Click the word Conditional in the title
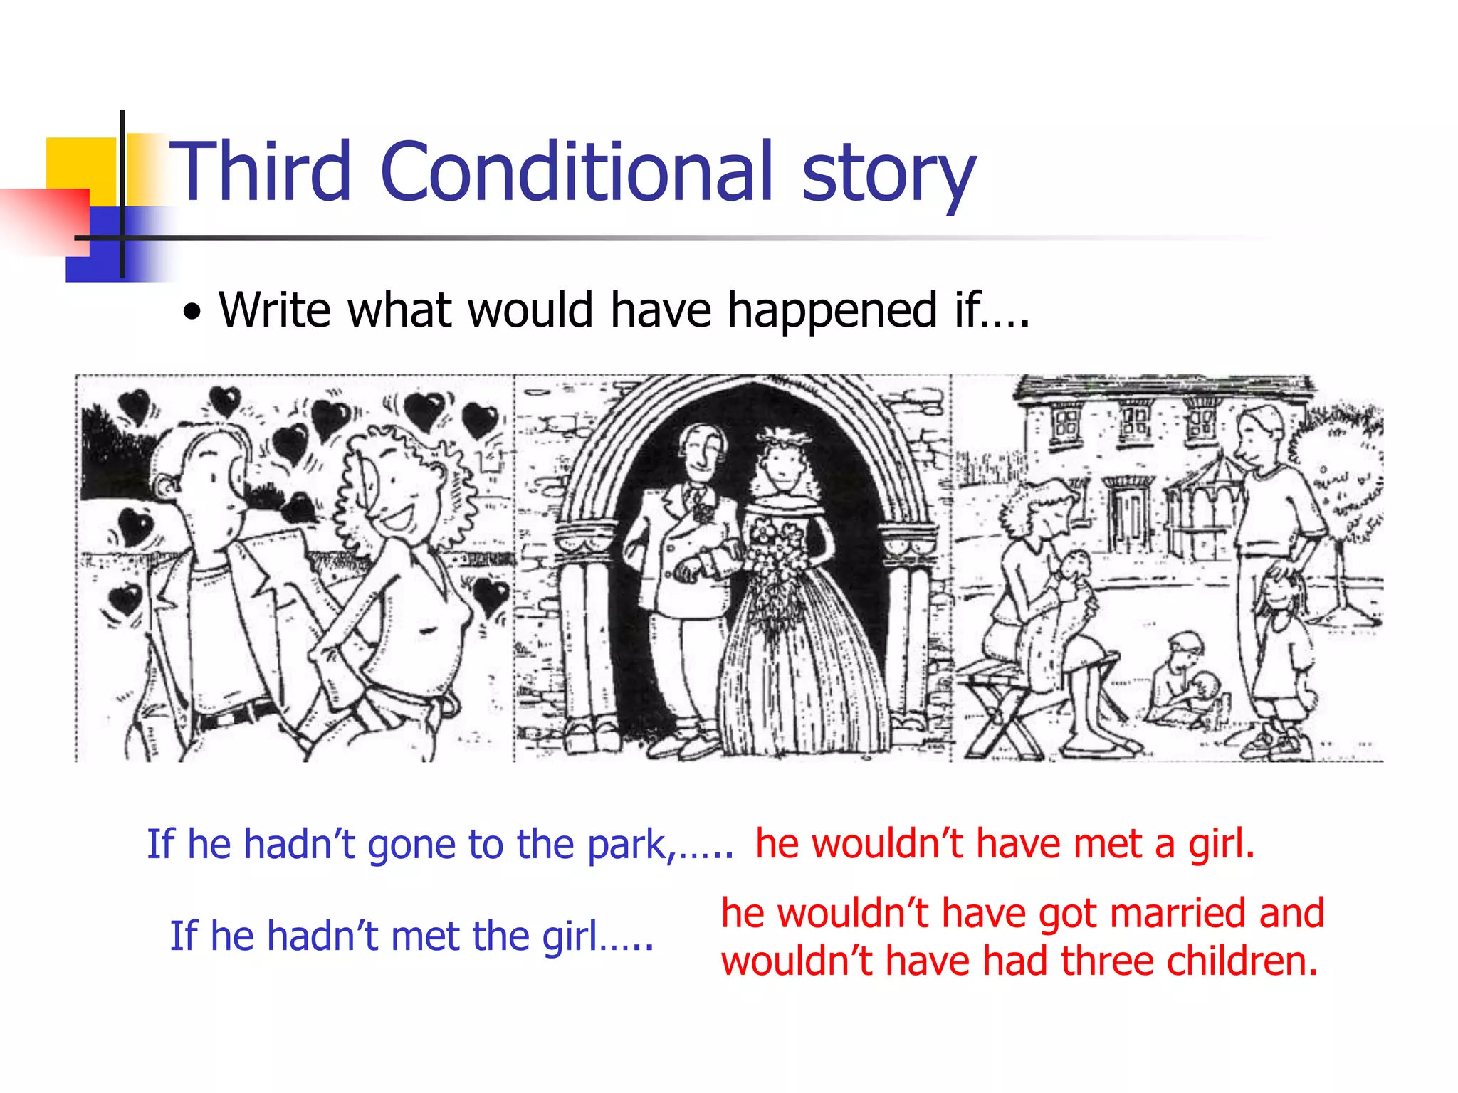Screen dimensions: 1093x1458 point(577,171)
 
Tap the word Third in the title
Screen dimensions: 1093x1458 point(261,171)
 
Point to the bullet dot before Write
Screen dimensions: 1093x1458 point(192,312)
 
